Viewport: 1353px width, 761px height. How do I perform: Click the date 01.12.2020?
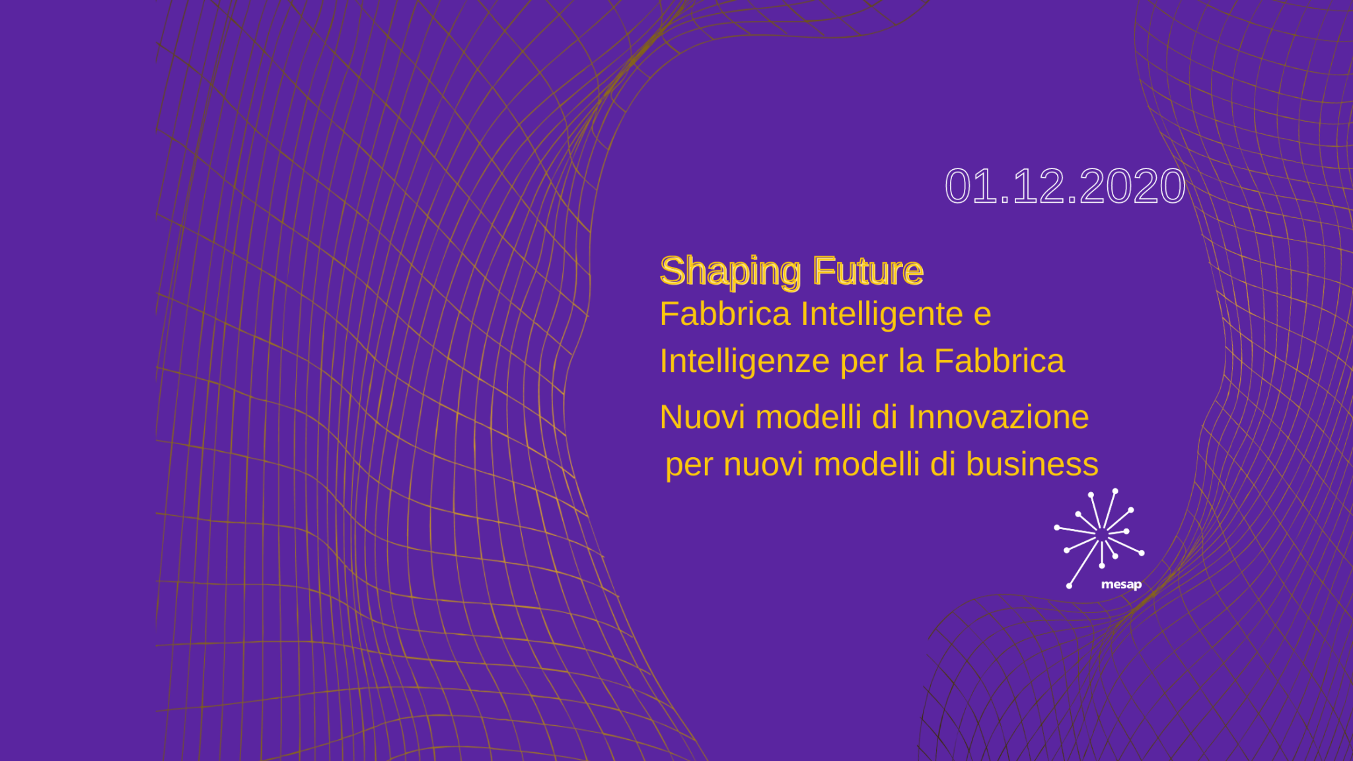(1065, 186)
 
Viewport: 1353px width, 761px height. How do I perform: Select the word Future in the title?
(868, 271)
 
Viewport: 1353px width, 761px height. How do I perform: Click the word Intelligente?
(882, 314)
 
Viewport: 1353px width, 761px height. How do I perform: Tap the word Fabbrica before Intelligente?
(725, 314)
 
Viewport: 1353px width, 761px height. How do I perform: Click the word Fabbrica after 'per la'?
(999, 361)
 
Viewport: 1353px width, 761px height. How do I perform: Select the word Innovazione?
(998, 417)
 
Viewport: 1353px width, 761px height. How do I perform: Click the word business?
(1032, 464)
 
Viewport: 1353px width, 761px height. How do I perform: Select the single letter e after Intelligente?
(982, 316)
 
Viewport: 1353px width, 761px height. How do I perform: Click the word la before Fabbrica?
(910, 361)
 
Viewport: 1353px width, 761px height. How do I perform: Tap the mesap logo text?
(1121, 585)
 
